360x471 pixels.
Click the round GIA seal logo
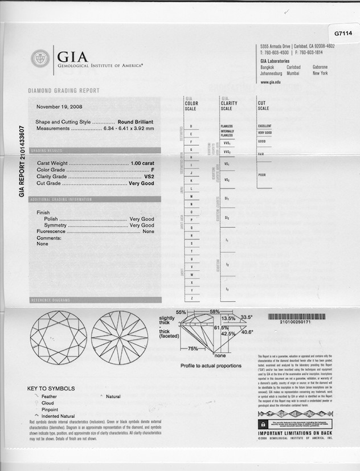[x=40, y=58]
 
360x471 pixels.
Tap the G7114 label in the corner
[x=343, y=33]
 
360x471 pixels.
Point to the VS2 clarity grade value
[x=149, y=177]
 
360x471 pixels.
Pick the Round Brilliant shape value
[x=136, y=122]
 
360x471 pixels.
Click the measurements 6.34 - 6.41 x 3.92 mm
[x=126, y=129]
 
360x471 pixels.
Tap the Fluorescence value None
[x=149, y=232]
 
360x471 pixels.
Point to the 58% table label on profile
[x=214, y=312]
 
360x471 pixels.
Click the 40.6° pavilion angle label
[x=247, y=332]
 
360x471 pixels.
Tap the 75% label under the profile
[x=193, y=349]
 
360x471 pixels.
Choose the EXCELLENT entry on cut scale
[x=265, y=126]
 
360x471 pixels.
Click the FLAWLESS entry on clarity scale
[x=227, y=126]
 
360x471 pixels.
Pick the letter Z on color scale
[x=191, y=298]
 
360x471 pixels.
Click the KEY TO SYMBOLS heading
[x=51, y=389]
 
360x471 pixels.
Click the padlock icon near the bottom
[x=263, y=425]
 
